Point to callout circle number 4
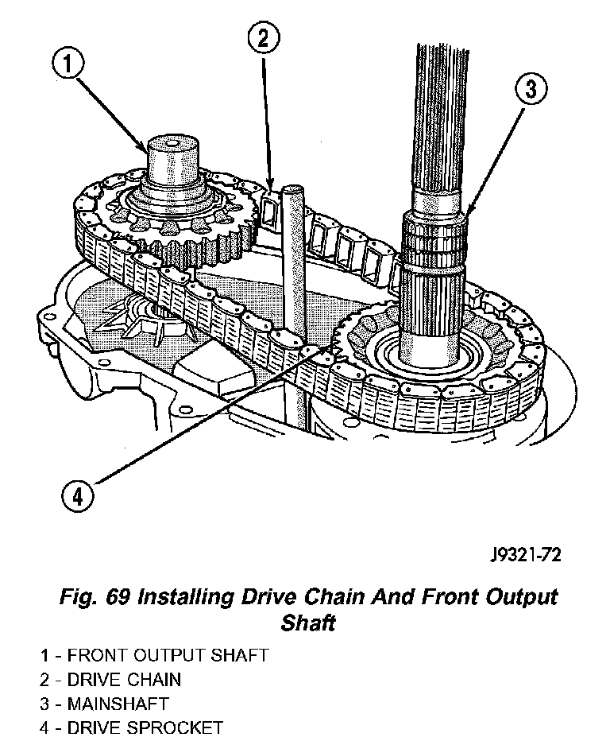[x=79, y=498]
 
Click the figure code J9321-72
[x=525, y=555]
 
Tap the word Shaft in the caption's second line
[x=308, y=623]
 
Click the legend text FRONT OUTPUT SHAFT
[x=168, y=656]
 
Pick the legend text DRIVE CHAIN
[x=124, y=680]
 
